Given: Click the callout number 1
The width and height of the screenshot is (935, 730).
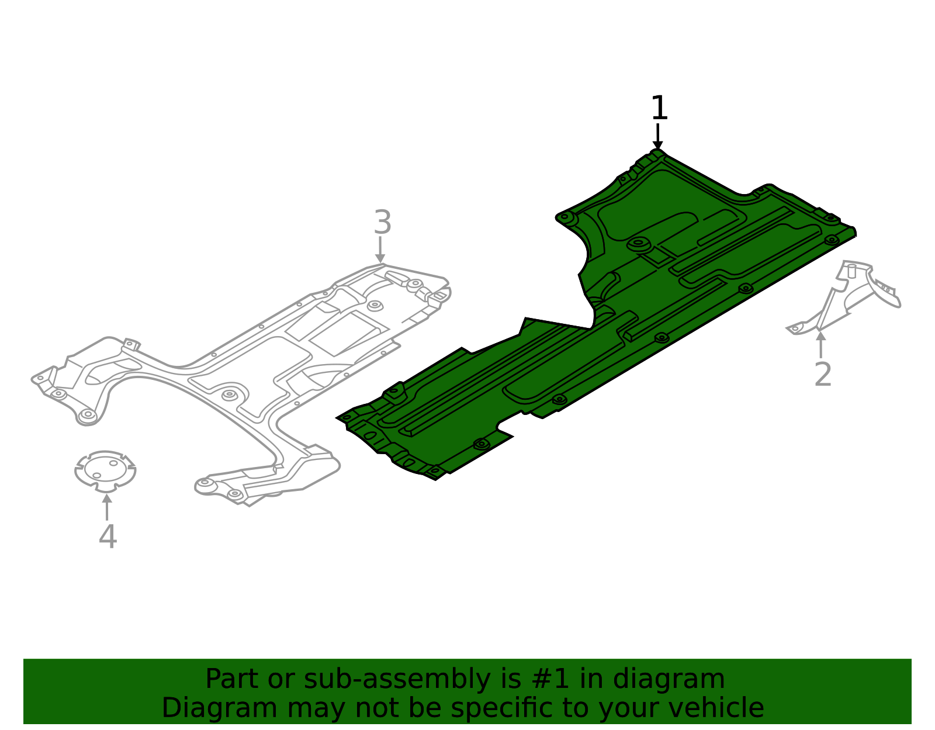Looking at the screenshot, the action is coord(659,108).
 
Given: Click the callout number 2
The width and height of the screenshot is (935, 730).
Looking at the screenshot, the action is coord(823,374).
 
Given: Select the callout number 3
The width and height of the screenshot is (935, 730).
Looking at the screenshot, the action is coord(382,222).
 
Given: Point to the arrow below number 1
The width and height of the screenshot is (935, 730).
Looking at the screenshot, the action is coord(657,136).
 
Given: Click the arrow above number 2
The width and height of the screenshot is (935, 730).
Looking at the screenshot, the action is coord(820,344).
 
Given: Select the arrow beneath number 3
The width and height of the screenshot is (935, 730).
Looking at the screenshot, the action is coord(380,249).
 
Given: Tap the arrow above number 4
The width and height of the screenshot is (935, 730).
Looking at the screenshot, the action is coord(107,507).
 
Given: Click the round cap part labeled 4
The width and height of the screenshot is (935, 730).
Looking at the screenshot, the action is coord(105,470).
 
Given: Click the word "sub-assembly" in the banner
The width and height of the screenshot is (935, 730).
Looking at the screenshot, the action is coord(397,679).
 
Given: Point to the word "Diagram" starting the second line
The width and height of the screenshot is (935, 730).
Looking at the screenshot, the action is coord(219,708).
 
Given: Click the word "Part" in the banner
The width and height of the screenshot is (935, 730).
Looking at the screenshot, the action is coord(232,679).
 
